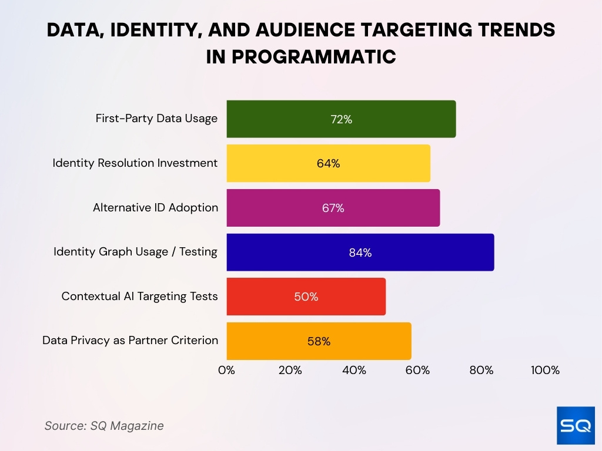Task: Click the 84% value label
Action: click(x=360, y=253)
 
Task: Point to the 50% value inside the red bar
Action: click(x=306, y=297)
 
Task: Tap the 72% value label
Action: click(x=341, y=119)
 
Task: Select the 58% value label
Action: click(x=319, y=341)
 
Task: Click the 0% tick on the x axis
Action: click(x=226, y=371)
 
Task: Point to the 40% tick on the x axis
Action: click(x=354, y=371)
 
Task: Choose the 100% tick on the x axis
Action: click(x=545, y=371)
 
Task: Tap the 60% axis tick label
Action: click(x=417, y=371)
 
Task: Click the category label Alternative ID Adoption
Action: click(x=155, y=208)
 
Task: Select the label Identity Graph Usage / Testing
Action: click(x=135, y=252)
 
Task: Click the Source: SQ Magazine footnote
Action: click(x=104, y=426)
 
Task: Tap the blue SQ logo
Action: click(x=576, y=425)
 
